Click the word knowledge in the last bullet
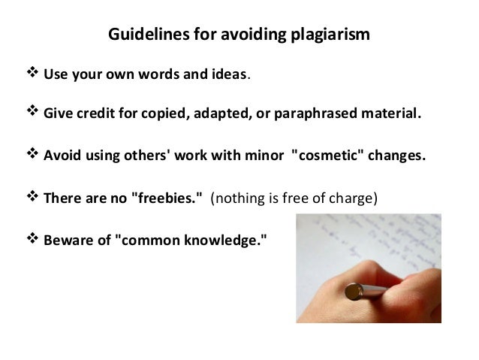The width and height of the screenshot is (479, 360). [x=224, y=241]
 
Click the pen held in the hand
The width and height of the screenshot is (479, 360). [x=375, y=292]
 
